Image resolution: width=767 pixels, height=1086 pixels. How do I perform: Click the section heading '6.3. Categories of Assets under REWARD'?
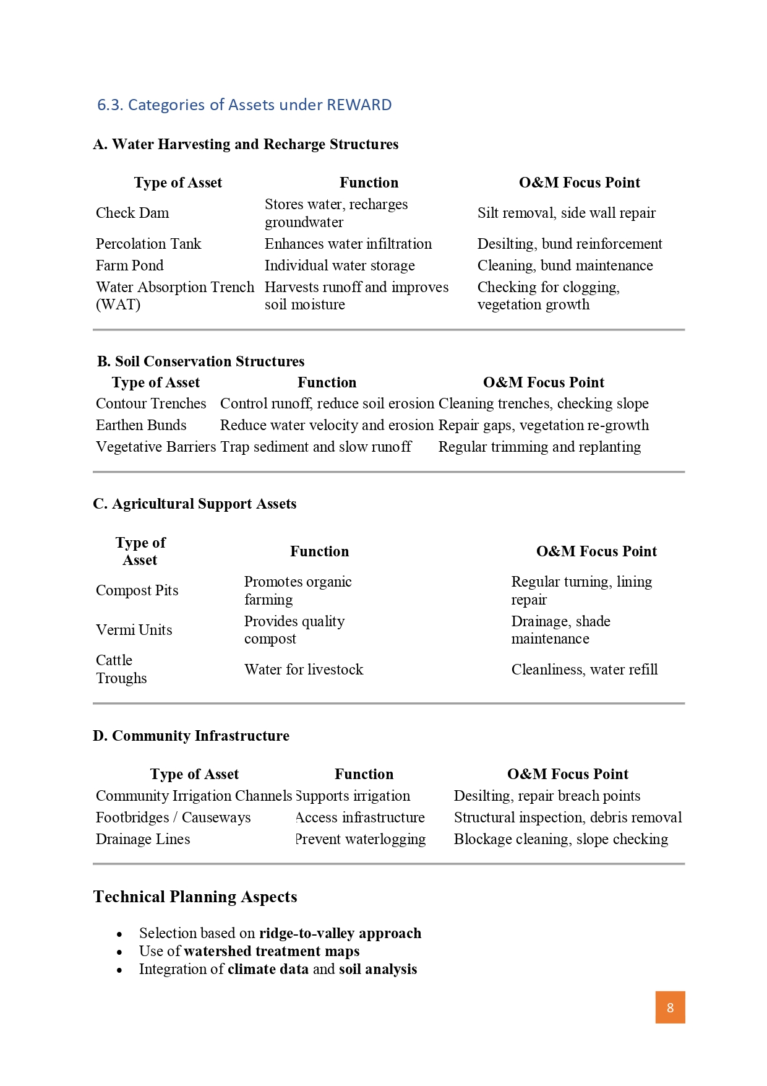click(x=244, y=105)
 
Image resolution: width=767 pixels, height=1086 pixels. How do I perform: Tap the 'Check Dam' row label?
click(x=132, y=213)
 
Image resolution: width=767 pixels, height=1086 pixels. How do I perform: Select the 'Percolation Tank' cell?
click(x=148, y=244)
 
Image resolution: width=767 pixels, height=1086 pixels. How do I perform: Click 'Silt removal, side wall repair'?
click(x=566, y=213)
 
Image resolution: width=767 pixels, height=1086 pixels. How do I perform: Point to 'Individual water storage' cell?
click(x=340, y=265)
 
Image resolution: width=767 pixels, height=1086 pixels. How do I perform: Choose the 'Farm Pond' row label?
click(x=130, y=265)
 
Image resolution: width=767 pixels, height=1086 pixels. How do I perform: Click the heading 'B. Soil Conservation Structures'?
click(x=200, y=361)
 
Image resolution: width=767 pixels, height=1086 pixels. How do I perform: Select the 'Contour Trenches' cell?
click(x=151, y=403)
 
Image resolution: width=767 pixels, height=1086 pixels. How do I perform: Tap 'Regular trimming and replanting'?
click(x=539, y=447)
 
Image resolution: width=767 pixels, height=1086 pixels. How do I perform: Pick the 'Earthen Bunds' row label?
click(x=141, y=425)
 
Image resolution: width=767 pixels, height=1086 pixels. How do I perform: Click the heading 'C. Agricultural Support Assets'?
click(x=195, y=504)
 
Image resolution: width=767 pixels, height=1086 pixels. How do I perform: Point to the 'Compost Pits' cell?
click(x=137, y=590)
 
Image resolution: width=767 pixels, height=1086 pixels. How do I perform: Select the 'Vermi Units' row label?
click(x=134, y=630)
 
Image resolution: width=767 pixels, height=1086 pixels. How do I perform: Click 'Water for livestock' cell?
click(x=304, y=670)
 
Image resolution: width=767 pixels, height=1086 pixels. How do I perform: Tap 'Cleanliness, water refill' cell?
click(x=585, y=670)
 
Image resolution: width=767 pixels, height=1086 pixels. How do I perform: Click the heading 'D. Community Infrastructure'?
click(x=191, y=736)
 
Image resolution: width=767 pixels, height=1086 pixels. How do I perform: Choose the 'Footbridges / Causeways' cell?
click(x=173, y=817)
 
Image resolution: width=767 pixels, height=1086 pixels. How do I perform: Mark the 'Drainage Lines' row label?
click(x=143, y=839)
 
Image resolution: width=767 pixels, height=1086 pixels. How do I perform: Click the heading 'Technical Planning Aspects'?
click(x=195, y=897)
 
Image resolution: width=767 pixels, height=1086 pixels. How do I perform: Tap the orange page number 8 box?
click(x=670, y=1007)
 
